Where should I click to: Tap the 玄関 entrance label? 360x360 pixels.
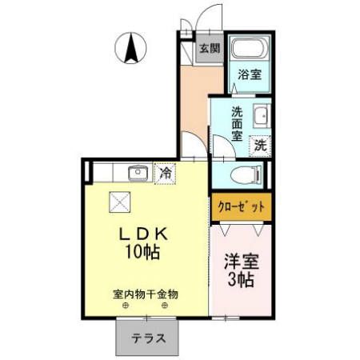pos(210,48)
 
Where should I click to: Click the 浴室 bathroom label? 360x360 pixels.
pos(250,75)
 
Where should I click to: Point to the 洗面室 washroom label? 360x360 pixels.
pos(237,123)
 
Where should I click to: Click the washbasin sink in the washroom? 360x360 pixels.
pos(261,116)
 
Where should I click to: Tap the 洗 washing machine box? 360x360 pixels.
pos(260,146)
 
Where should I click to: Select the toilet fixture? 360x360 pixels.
pos(243,174)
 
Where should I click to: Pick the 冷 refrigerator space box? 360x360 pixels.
pos(166,172)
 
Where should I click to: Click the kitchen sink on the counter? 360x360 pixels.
pos(137,172)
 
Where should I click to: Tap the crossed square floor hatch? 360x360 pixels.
pos(119,203)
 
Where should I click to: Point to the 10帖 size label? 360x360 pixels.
pos(143,254)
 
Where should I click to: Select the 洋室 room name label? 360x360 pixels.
pos(241,262)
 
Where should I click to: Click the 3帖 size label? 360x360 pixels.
pos(241,281)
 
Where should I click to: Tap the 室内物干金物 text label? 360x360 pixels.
pos(145,294)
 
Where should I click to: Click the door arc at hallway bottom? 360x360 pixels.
pos(191,147)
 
